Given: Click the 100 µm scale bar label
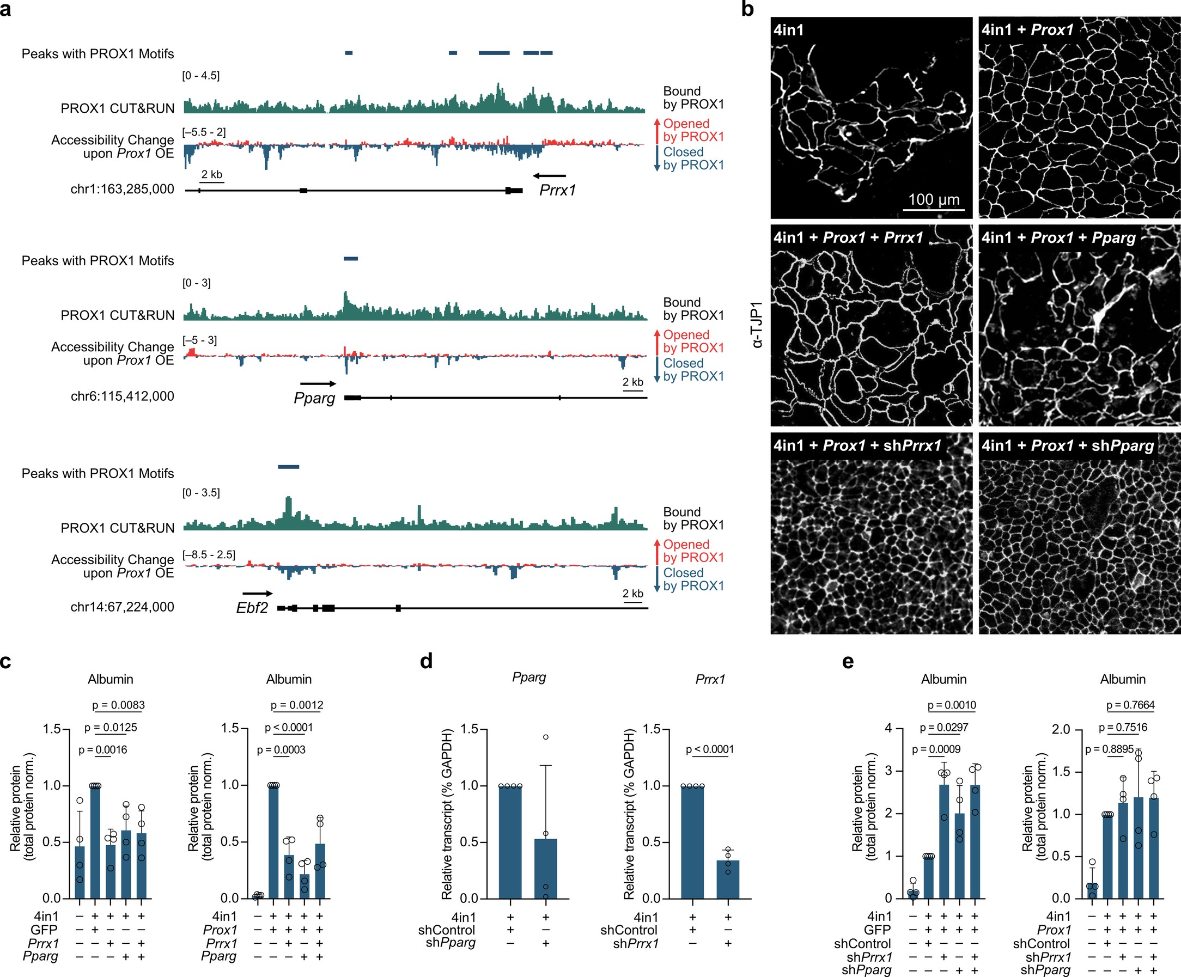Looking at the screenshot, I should pos(934,199).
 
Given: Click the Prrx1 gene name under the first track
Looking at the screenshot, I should pos(557,191).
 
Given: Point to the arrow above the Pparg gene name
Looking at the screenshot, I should pos(318,383).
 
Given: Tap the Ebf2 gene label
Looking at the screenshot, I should pos(252,608).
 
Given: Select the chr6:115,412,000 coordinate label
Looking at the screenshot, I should pos(122,396).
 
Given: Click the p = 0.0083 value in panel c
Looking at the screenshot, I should pos(118,705).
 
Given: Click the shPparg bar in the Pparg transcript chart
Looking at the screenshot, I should pos(545,869).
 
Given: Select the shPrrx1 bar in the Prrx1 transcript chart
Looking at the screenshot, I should pos(728,879).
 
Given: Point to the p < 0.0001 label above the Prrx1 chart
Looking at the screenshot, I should pos(710,749).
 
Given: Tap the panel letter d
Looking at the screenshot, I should pos(427,661).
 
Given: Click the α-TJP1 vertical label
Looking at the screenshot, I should pos(757,325).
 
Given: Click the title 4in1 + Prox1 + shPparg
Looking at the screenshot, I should pos(1067,446).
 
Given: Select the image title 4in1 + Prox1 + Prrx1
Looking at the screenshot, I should pos(848,238).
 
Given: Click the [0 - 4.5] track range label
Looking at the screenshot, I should pos(201,76).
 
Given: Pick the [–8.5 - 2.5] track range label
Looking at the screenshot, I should pos(209,555).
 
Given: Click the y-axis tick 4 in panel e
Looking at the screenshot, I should pos(888,729).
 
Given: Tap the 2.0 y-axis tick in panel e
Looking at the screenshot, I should pos(1061,729).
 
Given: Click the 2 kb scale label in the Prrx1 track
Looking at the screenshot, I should pos(212,175).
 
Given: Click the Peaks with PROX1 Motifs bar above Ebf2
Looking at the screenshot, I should pos(289,467).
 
